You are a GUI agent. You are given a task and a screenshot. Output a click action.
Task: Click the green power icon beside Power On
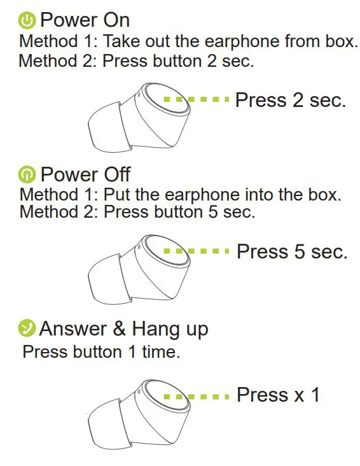27,21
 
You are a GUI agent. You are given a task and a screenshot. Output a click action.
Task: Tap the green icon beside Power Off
27,174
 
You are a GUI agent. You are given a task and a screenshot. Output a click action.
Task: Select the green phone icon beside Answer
27,328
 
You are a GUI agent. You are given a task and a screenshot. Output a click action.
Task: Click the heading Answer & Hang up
123,328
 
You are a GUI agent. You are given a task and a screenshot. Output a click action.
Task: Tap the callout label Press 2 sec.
290,100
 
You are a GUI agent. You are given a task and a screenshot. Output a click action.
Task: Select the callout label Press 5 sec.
292,251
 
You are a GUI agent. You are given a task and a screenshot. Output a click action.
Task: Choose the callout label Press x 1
278,395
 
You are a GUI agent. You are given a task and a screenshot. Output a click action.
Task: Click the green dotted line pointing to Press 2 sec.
196,100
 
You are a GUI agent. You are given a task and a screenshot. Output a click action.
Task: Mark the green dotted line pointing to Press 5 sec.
196,251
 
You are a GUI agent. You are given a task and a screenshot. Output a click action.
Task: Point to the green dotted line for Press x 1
196,396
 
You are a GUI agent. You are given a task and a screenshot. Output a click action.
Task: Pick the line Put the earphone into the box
181,195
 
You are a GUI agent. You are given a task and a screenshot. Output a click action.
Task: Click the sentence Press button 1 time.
101,351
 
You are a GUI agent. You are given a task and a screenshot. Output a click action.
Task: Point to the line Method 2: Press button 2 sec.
136,62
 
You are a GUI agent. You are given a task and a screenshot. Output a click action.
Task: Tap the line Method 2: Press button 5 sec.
137,211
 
